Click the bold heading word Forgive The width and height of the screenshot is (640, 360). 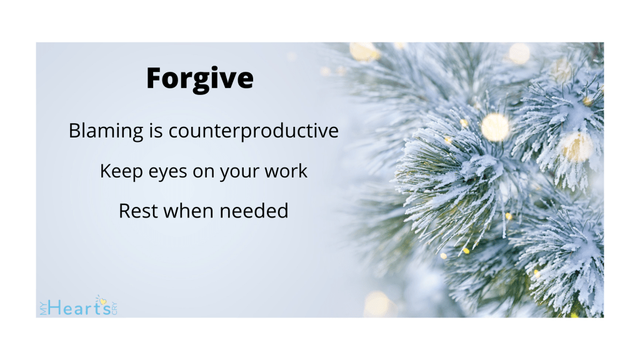(x=200, y=79)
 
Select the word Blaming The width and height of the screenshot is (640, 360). (x=106, y=131)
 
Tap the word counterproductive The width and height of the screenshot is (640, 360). (x=254, y=131)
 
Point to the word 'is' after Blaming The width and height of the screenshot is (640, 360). (x=156, y=131)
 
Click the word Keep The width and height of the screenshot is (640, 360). (x=121, y=171)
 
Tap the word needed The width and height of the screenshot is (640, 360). (x=254, y=211)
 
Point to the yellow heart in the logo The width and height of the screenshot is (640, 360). (x=103, y=302)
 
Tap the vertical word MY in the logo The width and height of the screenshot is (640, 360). (x=44, y=308)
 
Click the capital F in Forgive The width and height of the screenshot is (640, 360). (x=156, y=78)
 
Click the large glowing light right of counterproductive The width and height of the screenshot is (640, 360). (x=495, y=127)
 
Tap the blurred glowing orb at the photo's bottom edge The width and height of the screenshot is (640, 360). (x=378, y=304)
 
